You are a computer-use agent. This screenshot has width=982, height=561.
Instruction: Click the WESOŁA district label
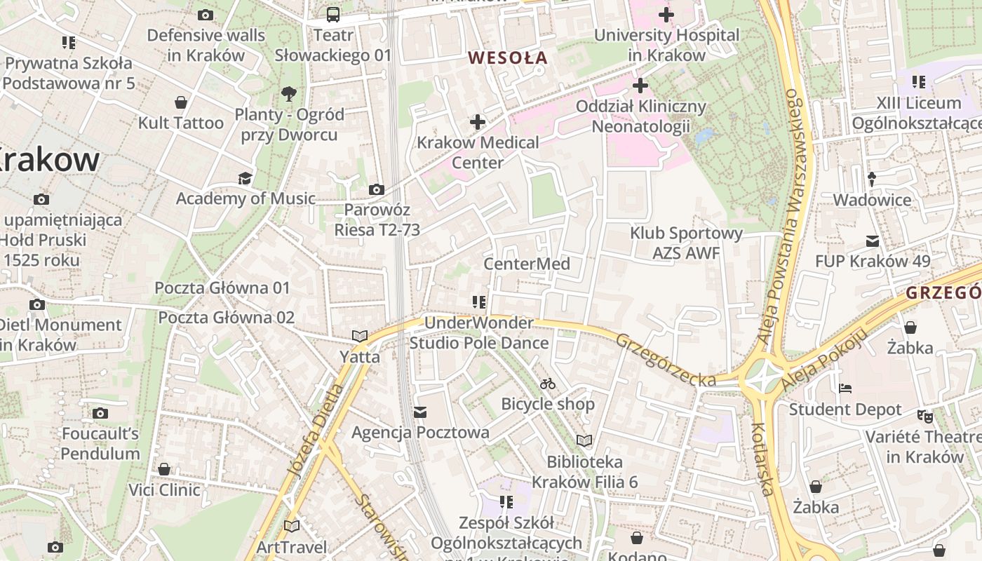[x=507, y=58]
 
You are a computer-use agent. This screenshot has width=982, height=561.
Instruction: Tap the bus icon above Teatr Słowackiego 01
[x=333, y=14]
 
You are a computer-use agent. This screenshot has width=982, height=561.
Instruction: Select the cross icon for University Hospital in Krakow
[x=666, y=14]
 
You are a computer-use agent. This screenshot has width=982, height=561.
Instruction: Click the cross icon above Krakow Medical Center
[x=478, y=122]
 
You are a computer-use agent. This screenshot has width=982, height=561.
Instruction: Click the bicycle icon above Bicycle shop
[x=548, y=384]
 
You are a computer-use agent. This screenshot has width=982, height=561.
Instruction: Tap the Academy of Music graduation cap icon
[x=245, y=178]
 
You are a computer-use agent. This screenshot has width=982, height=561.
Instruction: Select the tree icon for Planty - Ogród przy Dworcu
[x=288, y=94]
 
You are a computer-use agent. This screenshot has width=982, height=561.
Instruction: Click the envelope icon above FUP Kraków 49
[x=872, y=241]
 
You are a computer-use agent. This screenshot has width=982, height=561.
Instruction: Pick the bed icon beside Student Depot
[x=845, y=388]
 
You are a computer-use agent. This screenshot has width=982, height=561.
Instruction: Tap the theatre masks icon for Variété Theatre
[x=925, y=417]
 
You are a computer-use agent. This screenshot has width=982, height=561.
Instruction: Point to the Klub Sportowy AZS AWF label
[x=686, y=243]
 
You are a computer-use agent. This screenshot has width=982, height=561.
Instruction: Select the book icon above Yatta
[x=360, y=337]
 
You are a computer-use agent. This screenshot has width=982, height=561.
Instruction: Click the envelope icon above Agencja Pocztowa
[x=420, y=412]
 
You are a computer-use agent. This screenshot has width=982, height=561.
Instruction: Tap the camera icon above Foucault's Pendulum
[x=100, y=413]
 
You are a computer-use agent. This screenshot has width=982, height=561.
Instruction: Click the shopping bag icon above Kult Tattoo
[x=181, y=102]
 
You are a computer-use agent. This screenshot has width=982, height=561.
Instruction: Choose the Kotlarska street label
[x=762, y=459]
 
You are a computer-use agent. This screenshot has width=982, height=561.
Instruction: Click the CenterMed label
[x=527, y=264]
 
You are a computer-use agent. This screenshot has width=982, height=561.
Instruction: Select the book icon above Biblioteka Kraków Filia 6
[x=584, y=440]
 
